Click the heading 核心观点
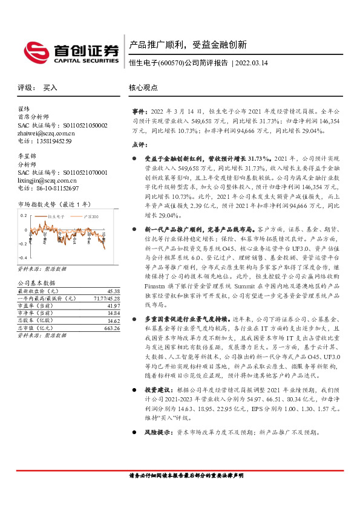(143, 88)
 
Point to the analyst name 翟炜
(24, 109)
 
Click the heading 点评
(139, 144)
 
